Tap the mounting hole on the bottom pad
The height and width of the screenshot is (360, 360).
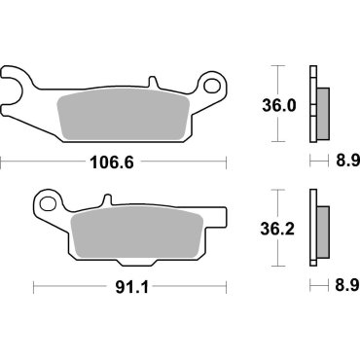[47, 203]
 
